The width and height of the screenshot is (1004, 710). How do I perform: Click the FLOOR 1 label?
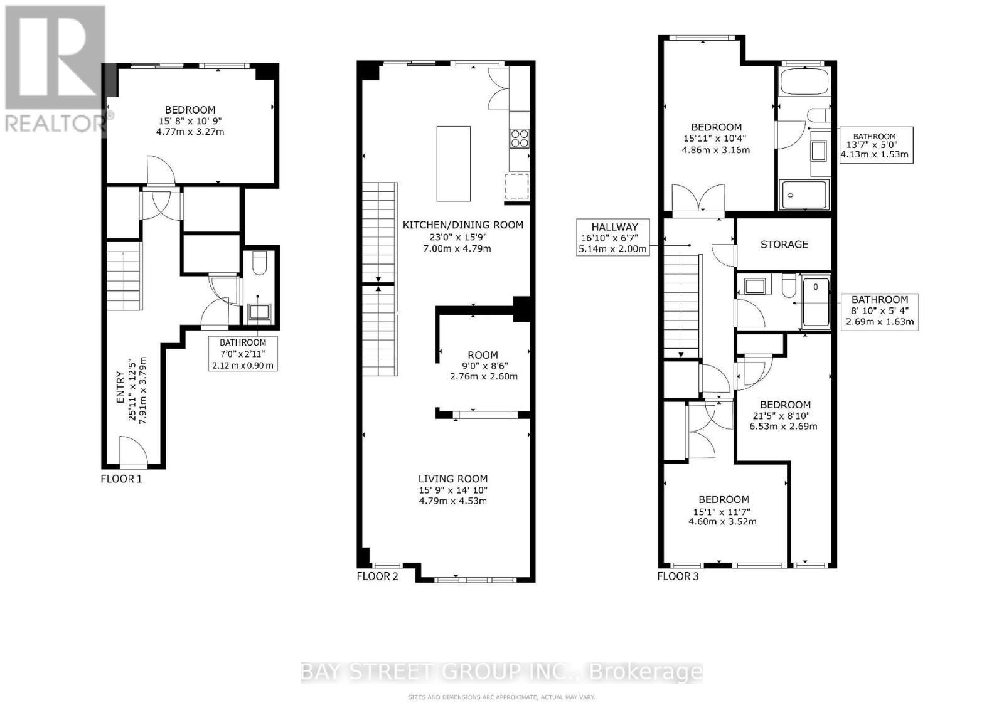coord(121,479)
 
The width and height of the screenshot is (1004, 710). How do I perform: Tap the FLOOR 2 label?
coord(377,576)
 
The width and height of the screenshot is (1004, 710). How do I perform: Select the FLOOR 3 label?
coord(678,576)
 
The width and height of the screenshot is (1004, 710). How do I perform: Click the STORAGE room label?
coord(784,245)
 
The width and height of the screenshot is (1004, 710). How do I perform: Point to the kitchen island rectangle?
coord(453,164)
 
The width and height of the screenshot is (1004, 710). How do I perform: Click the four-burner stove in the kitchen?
coord(520,138)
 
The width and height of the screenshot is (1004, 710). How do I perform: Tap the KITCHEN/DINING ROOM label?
coord(462,225)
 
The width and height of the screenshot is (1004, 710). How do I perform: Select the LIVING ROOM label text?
coord(453,479)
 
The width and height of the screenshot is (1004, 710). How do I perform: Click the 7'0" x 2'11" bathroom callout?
coord(242,354)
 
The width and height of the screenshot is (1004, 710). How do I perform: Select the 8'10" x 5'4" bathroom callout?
coord(880,311)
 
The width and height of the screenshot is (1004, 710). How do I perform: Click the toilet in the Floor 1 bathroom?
coord(259,263)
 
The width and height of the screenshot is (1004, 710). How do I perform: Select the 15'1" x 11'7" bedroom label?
coord(723,510)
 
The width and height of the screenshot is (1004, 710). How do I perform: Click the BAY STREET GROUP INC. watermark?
coord(501,672)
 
